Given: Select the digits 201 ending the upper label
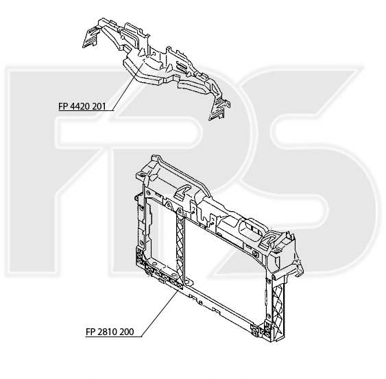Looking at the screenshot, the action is tap(99, 106).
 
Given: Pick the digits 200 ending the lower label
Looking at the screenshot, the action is tap(128, 332).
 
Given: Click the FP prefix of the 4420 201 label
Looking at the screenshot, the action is tap(63, 106).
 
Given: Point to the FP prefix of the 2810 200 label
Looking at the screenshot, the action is tap(91, 332).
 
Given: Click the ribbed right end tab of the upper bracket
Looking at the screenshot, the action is tap(219, 109).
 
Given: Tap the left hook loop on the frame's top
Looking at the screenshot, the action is tap(182, 191).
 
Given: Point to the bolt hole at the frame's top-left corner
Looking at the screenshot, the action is tap(141, 175).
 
